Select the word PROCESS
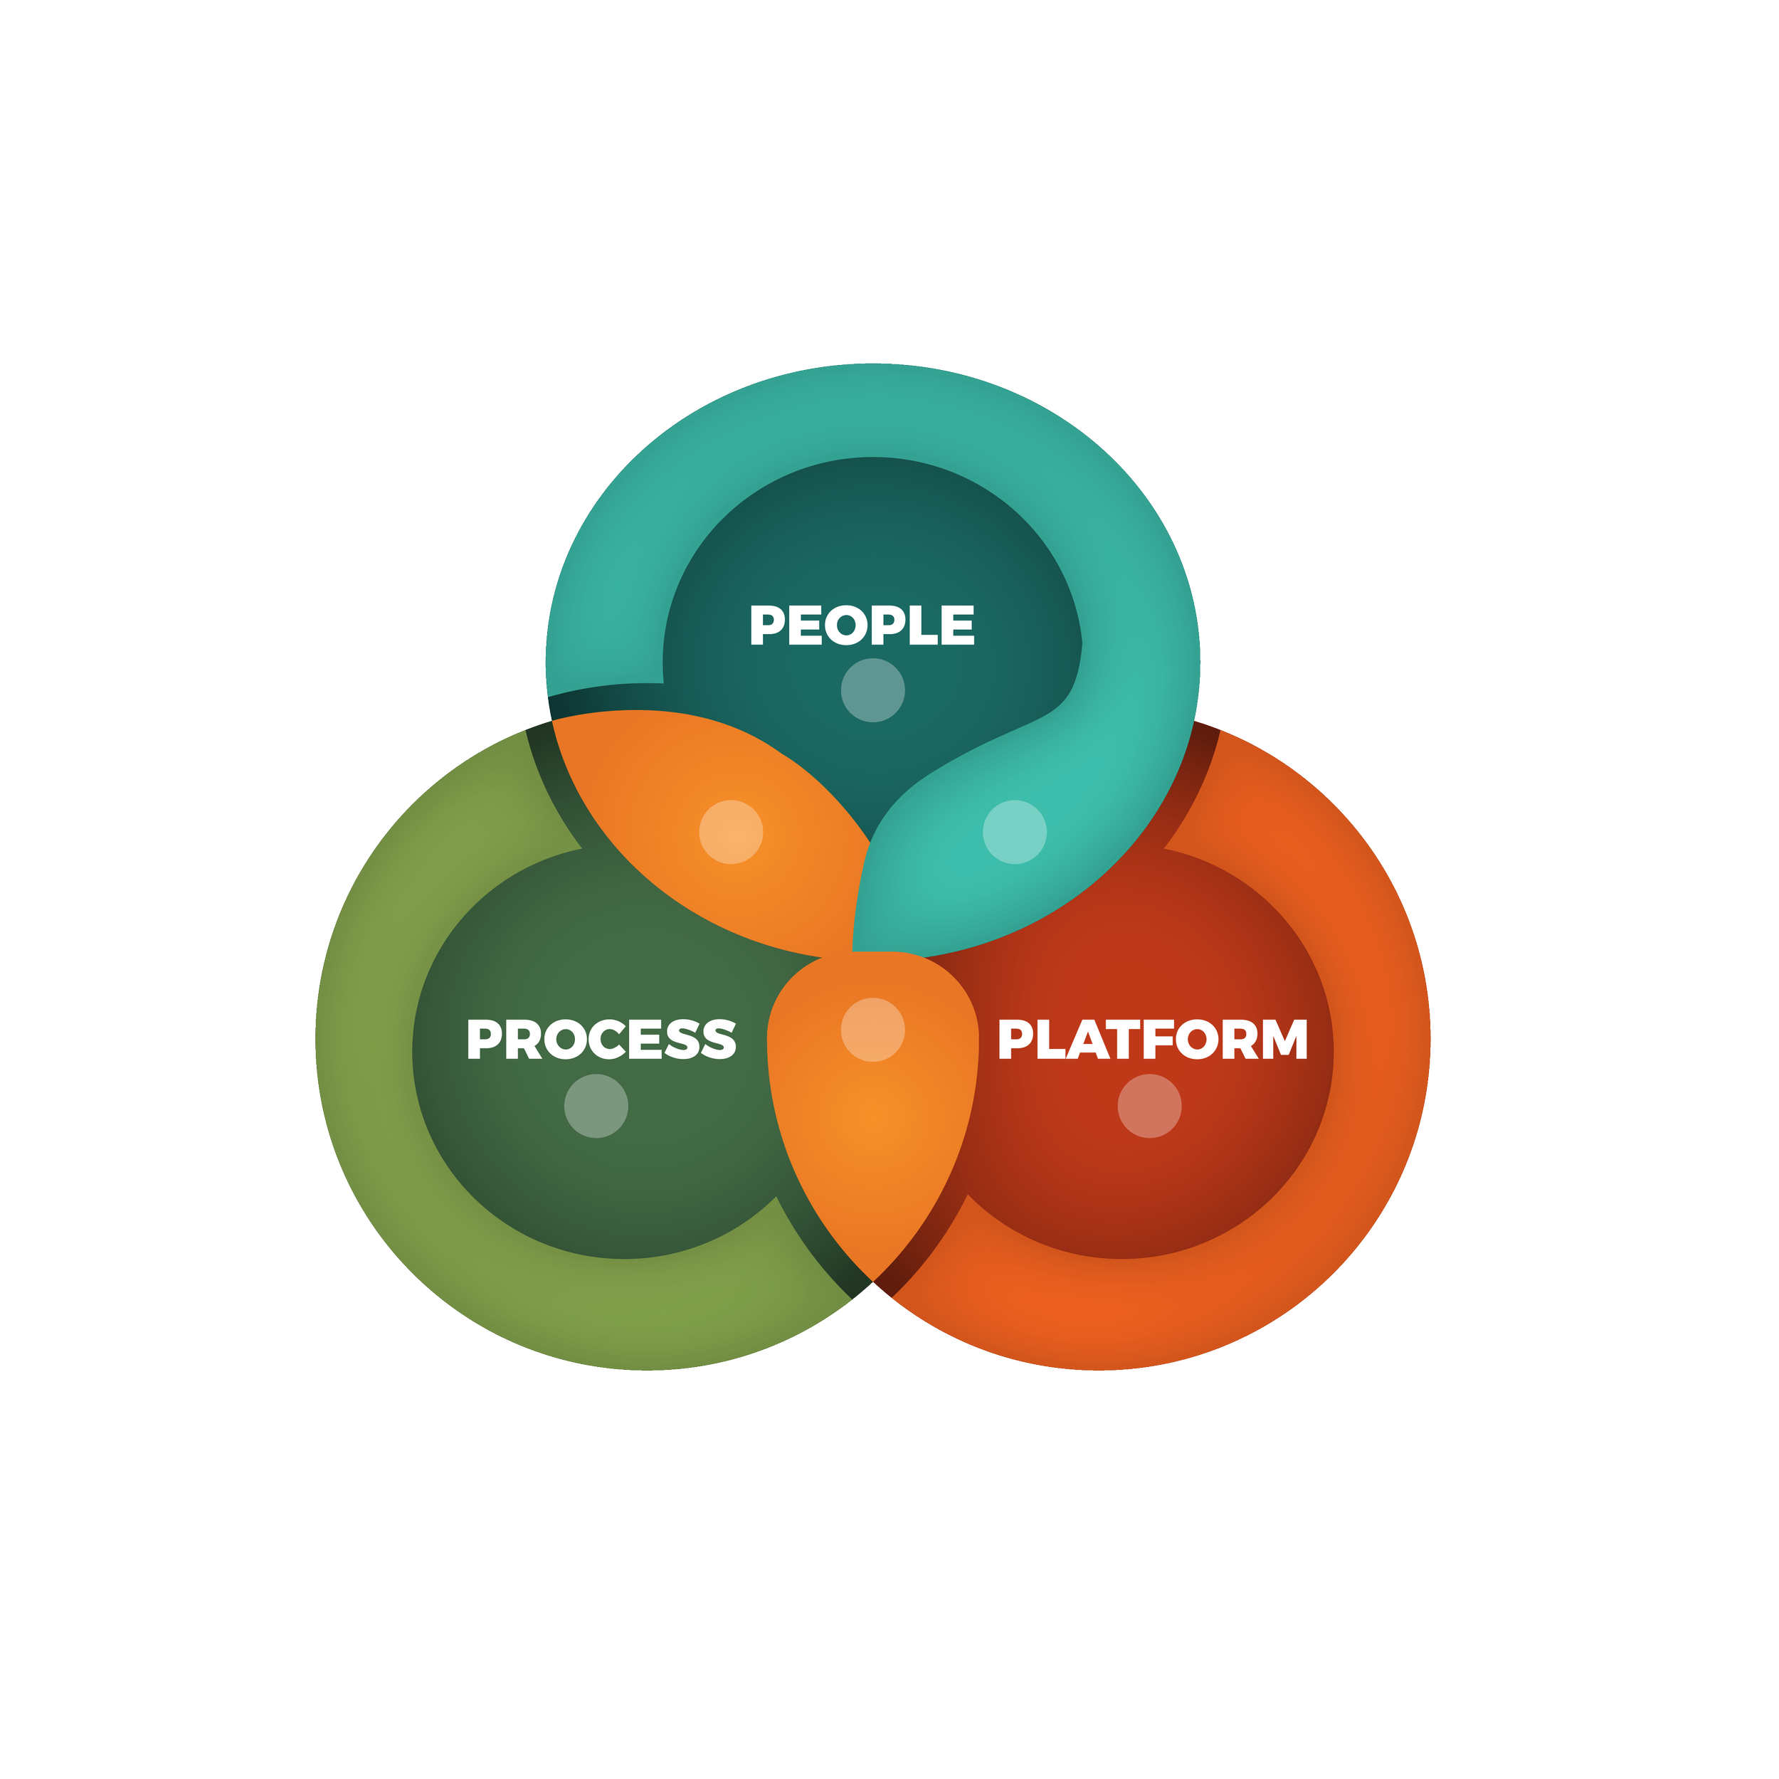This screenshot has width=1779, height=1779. pyautogui.click(x=601, y=1039)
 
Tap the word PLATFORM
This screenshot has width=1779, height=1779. pyautogui.click(x=1152, y=1039)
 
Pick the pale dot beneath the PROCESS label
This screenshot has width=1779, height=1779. pyautogui.click(x=596, y=1106)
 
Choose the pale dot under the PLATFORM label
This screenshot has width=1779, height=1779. pyautogui.click(x=1149, y=1106)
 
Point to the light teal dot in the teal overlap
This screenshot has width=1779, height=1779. pyautogui.click(x=1014, y=831)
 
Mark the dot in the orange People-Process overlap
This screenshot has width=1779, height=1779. pyautogui.click(x=730, y=831)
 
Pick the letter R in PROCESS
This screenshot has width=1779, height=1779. pyautogui.click(x=523, y=1039)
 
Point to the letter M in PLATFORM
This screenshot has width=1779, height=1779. pyautogui.click(x=1284, y=1039)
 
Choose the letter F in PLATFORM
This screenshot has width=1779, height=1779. pyautogui.click(x=1161, y=1039)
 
